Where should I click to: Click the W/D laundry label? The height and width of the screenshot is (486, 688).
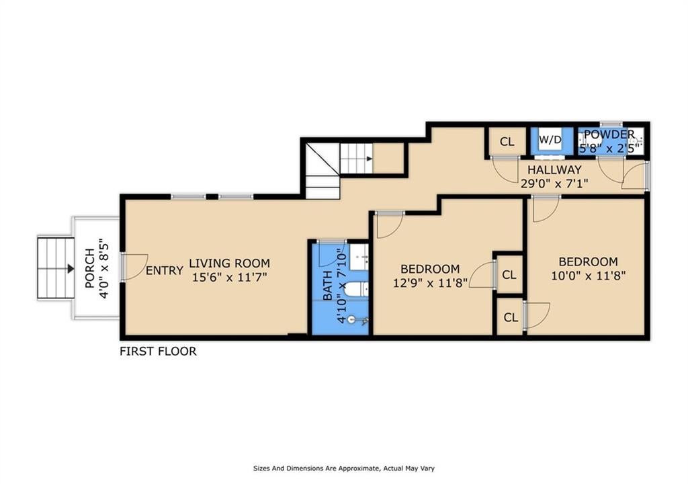coord(550,140)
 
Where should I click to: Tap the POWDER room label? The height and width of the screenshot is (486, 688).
coord(609,134)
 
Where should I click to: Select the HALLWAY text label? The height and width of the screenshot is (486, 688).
coord(554,169)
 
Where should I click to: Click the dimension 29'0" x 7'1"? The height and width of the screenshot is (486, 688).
coord(554,183)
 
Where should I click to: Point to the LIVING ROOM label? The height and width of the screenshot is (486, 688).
coord(230,264)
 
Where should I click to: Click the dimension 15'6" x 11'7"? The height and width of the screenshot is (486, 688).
coord(230,277)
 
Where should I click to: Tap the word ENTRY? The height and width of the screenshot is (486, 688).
coord(165,270)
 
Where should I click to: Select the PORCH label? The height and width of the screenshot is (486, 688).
coord(89,268)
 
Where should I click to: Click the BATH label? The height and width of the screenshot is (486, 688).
coord(328,286)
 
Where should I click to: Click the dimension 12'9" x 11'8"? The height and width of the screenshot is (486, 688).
coord(430,282)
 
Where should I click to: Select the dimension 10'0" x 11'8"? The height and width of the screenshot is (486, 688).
coord(588,276)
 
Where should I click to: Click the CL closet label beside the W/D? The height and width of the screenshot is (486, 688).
coord(507,141)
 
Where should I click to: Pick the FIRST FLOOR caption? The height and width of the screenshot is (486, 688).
coord(158,351)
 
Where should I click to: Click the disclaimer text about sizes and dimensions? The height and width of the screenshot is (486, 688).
coord(343,468)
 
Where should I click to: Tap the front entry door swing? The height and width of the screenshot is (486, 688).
coord(136,267)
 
